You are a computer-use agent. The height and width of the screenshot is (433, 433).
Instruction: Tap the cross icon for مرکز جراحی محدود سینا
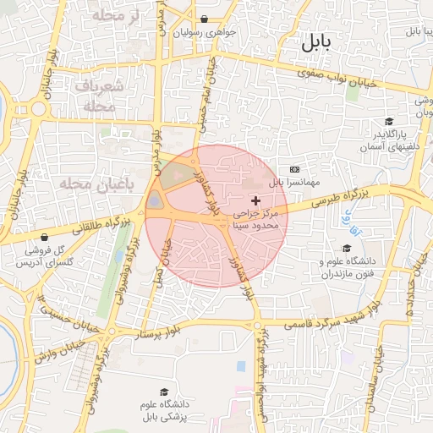256,200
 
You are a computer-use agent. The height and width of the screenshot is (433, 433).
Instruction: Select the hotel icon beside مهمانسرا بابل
294,170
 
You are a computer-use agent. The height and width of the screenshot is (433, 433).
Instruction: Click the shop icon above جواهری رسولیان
204,19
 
